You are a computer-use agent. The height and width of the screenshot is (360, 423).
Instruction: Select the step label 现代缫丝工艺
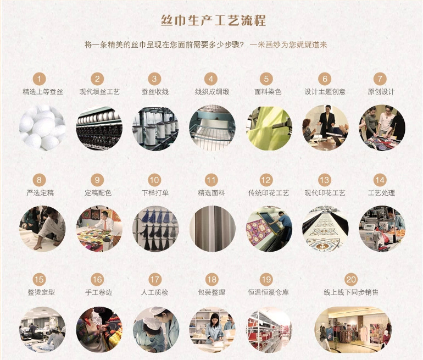tap(99, 92)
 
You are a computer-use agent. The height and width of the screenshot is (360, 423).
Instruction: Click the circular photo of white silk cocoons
tap(42, 128)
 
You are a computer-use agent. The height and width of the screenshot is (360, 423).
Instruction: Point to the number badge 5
tap(268, 79)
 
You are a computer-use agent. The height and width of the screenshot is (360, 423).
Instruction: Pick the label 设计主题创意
tap(325, 92)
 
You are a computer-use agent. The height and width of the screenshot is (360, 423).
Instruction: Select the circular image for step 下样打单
tap(155, 229)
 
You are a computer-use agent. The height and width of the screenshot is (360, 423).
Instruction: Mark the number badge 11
tap(211, 180)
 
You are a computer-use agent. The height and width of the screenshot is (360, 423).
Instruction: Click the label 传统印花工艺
tap(268, 193)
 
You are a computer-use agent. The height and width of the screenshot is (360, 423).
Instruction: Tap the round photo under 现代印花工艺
tap(325, 229)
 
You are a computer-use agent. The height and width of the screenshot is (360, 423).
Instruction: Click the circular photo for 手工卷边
tap(99, 329)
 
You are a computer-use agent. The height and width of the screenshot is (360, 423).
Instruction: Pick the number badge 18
tap(211, 280)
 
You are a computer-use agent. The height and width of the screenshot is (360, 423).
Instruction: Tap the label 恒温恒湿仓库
tap(268, 292)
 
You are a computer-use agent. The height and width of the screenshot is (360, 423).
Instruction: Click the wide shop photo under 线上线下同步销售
tap(353, 329)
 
